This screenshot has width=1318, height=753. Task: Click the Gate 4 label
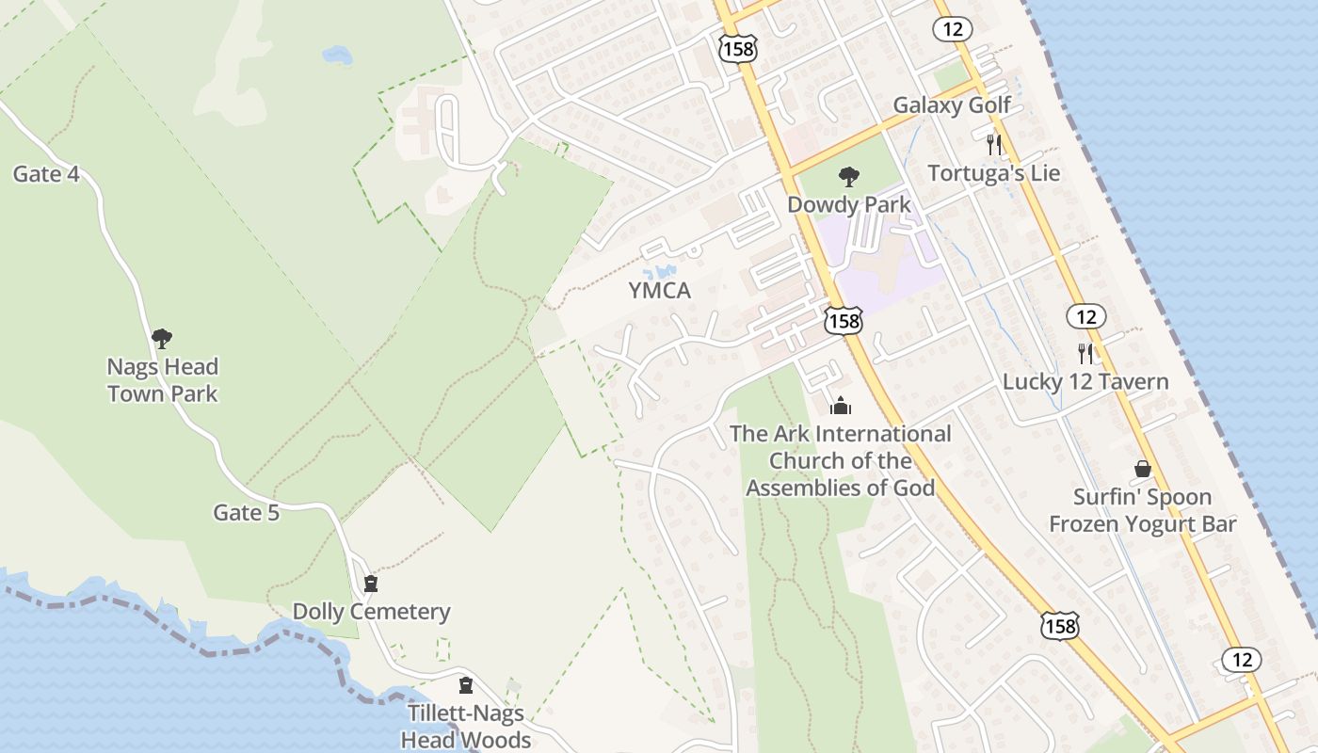(x=45, y=174)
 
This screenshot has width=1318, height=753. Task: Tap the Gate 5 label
(x=246, y=513)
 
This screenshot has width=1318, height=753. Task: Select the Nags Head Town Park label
(x=162, y=380)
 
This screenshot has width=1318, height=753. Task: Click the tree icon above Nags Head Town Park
(x=162, y=338)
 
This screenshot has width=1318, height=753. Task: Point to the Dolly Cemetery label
(x=371, y=612)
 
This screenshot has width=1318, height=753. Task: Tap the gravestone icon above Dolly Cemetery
(x=371, y=584)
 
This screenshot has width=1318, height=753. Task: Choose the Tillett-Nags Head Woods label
(x=465, y=726)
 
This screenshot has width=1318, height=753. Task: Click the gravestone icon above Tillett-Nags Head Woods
(x=465, y=685)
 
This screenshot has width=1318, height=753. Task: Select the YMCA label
(x=659, y=291)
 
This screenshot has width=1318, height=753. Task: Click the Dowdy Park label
(x=848, y=204)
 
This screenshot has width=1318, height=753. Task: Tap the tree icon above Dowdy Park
(x=848, y=176)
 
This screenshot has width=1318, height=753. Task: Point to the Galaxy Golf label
(x=951, y=105)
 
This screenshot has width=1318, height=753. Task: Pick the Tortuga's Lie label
(x=993, y=173)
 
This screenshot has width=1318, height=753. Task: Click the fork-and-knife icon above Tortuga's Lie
(x=993, y=144)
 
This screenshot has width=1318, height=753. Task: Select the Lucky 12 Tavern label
(x=1085, y=381)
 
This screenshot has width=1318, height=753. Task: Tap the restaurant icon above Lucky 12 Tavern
(x=1085, y=353)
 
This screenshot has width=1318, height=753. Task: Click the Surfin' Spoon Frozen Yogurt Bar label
(x=1142, y=510)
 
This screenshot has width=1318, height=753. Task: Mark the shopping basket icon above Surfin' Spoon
(x=1142, y=469)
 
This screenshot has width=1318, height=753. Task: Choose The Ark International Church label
(x=841, y=460)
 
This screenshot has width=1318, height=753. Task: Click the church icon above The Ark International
(x=841, y=406)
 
